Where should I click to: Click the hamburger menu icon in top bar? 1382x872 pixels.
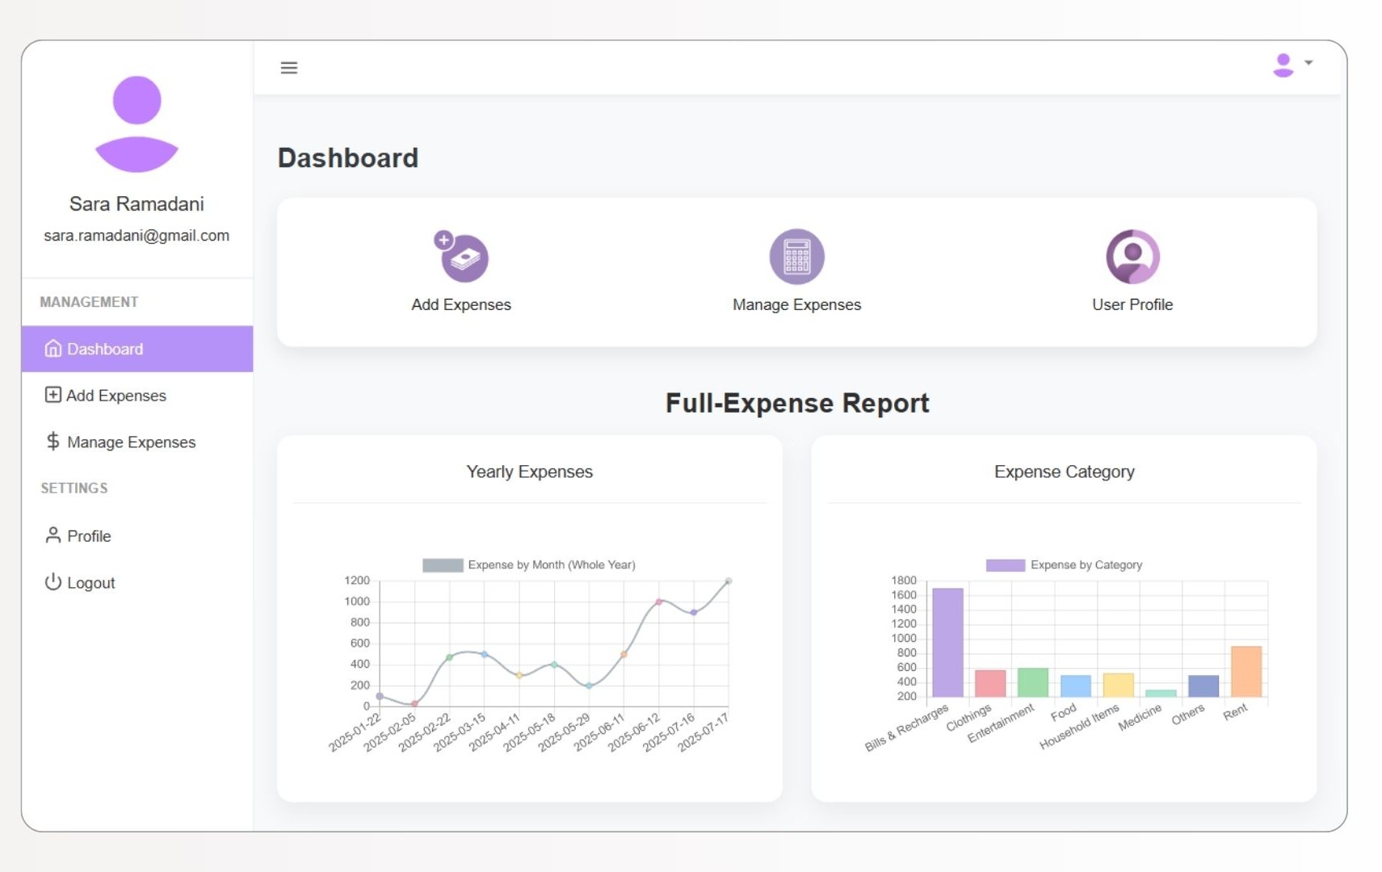click(x=288, y=68)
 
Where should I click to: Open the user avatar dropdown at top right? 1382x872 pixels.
click(x=1291, y=65)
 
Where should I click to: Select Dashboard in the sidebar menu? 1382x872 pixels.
click(x=137, y=349)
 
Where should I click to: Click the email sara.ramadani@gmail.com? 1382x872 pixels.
click(x=137, y=236)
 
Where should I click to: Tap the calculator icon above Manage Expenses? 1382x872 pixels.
click(x=796, y=257)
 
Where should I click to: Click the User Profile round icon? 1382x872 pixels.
click(x=1132, y=257)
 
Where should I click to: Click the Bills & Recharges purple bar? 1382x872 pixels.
click(x=947, y=643)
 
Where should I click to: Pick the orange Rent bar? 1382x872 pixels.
click(x=1245, y=672)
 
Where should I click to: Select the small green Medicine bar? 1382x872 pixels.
click(x=1160, y=694)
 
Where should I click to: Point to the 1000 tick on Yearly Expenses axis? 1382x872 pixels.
click(x=357, y=602)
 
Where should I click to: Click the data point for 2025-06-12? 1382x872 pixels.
click(x=658, y=602)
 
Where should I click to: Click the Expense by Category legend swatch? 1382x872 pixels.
click(x=1004, y=565)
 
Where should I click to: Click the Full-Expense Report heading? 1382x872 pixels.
click(x=796, y=403)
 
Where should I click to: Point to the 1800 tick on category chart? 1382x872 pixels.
click(x=903, y=581)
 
